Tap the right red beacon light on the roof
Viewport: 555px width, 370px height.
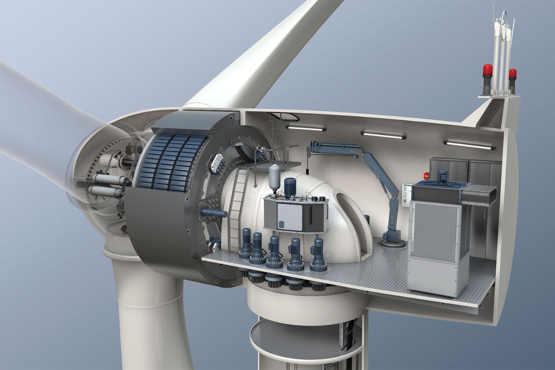pyautogui.click(x=513, y=74)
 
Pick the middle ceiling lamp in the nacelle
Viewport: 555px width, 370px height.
pyautogui.click(x=384, y=135)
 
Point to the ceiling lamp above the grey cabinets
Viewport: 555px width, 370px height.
pyautogui.click(x=470, y=145)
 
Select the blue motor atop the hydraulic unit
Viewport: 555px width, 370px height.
pyautogui.click(x=291, y=187)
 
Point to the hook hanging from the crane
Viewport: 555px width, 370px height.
pyautogui.click(x=307, y=170)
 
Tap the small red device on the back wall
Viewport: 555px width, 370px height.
pyautogui.click(x=427, y=173)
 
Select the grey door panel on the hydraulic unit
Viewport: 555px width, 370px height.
pyautogui.click(x=289, y=216)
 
